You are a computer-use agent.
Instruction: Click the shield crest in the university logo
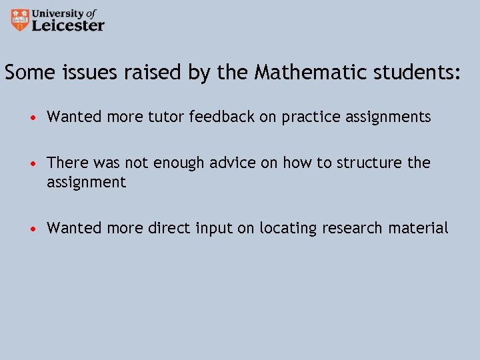21,19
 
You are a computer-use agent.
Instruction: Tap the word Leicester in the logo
69,25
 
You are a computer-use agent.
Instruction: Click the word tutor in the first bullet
167,117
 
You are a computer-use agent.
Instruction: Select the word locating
289,229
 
